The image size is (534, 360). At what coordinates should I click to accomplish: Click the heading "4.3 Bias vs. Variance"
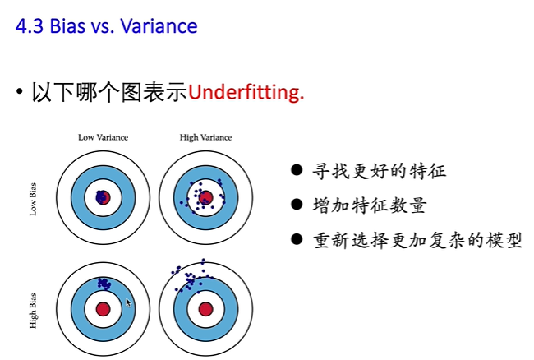(x=107, y=26)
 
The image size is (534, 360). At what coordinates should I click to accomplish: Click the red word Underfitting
(x=246, y=92)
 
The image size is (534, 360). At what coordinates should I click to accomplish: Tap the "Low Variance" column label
(x=103, y=137)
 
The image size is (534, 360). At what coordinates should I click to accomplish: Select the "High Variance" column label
(x=205, y=137)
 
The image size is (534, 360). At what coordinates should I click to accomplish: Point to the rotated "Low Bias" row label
(x=34, y=197)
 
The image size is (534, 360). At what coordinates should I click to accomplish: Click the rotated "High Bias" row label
(x=34, y=309)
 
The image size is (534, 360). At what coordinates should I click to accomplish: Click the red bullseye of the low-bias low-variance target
(x=103, y=197)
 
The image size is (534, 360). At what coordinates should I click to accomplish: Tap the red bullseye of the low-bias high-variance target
(x=205, y=197)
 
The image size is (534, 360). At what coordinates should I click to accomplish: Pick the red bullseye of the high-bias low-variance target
(x=103, y=309)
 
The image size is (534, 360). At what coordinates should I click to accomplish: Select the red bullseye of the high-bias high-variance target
(x=205, y=309)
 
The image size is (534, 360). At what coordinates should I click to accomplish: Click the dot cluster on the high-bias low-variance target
(x=104, y=283)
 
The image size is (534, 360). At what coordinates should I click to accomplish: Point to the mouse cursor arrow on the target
(x=128, y=302)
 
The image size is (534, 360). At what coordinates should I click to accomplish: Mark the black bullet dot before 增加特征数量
(x=297, y=205)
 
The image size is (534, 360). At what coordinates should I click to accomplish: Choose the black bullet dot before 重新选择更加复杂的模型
(x=297, y=241)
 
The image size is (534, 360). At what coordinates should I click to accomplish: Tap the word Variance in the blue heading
(x=159, y=26)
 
